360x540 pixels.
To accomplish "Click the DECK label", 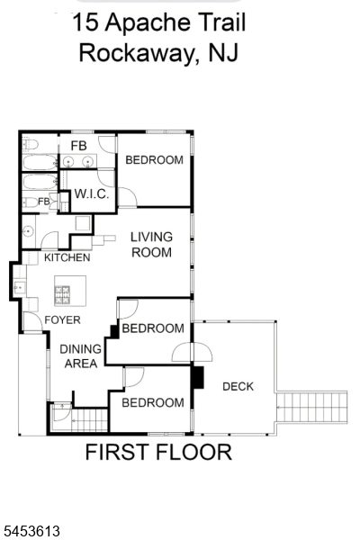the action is pos(238,386).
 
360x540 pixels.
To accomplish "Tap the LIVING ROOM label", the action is pos(151,245).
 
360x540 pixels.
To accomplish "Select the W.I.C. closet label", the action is pos(92,193).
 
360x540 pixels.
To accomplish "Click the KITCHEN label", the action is pos(67,257).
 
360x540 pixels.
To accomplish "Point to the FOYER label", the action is pos(62,319).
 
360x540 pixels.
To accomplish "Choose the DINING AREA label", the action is pos(81,356).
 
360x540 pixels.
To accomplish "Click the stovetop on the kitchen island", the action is pos(62,295).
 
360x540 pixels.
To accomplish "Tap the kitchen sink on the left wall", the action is pos(19,287).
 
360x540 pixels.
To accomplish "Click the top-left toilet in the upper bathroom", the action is pos(30,144).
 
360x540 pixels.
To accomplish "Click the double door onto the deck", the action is pos(193,352).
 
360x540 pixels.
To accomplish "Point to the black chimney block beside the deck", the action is pos(198,377).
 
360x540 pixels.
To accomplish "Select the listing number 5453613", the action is pos(31,531).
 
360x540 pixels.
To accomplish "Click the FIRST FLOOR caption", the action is pos(158,452).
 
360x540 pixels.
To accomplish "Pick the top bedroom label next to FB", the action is pos(154,160).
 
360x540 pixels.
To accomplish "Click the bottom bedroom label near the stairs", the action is pos(153,402).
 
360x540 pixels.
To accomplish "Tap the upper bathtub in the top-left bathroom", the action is pos(40,163).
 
